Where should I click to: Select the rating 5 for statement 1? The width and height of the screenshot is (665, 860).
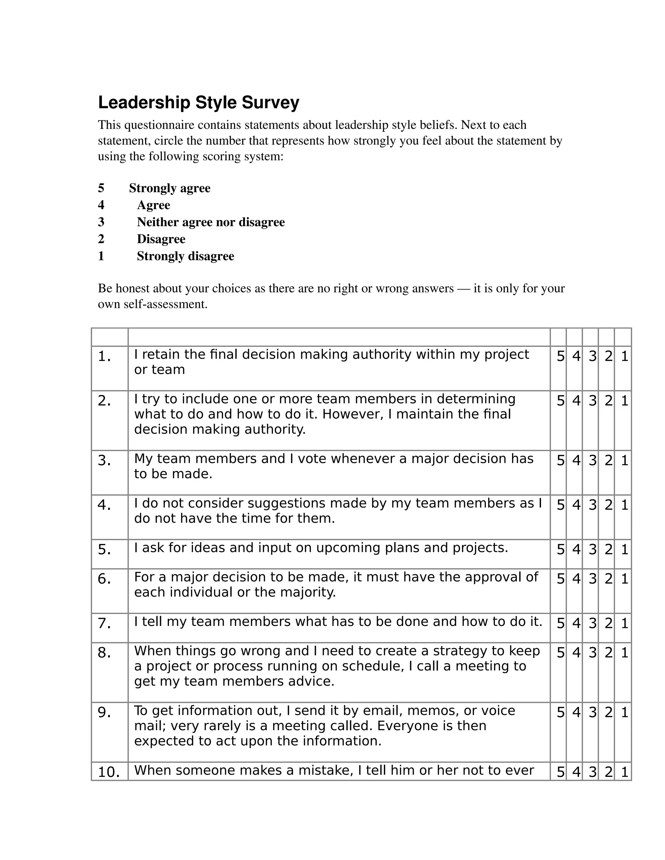click(x=560, y=356)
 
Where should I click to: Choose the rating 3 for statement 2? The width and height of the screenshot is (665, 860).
click(x=593, y=401)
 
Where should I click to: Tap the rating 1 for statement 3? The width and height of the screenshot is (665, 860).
click(x=624, y=460)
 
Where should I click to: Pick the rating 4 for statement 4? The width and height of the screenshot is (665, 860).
click(x=576, y=505)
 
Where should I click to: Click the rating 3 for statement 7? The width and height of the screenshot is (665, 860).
click(x=593, y=623)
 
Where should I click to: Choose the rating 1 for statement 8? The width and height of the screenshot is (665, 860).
click(x=624, y=653)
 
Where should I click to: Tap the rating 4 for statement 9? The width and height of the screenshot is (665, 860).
click(x=576, y=712)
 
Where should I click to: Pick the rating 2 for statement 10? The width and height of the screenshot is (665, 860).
click(x=608, y=772)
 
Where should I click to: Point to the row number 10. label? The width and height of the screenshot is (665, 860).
click(x=109, y=772)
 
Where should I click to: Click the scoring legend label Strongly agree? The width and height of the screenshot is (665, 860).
click(x=169, y=188)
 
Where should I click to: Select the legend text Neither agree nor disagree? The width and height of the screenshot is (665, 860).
click(x=211, y=222)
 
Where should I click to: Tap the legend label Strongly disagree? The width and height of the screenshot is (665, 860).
click(x=185, y=256)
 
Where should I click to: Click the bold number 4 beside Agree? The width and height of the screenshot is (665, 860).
click(x=101, y=205)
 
